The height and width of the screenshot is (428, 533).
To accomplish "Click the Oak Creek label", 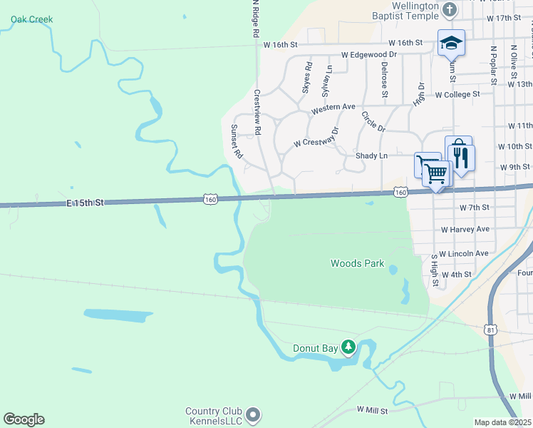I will (x=31, y=19).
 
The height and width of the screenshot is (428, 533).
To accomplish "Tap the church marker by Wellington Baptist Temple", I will (x=450, y=10).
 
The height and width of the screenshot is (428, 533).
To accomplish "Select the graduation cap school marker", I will (x=451, y=43).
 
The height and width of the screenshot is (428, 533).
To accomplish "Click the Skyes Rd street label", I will (x=308, y=78).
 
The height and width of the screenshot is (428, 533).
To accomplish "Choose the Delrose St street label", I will (x=384, y=79).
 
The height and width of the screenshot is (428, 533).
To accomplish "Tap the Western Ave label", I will (x=333, y=108).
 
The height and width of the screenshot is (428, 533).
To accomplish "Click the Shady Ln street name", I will (x=372, y=156).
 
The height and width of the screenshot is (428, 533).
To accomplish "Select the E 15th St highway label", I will (x=86, y=203).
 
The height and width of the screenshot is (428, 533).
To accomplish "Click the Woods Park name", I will (x=357, y=263).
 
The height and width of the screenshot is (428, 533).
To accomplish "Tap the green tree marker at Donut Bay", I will (x=348, y=347).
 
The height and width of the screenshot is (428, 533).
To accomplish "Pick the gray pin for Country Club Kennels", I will (x=252, y=414).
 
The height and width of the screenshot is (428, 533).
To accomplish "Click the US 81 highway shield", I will (x=490, y=329).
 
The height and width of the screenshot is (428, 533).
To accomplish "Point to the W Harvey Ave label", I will (x=465, y=230).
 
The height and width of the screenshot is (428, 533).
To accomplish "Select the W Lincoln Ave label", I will (x=464, y=253).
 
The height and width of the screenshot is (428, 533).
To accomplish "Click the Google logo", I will (x=24, y=419).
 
